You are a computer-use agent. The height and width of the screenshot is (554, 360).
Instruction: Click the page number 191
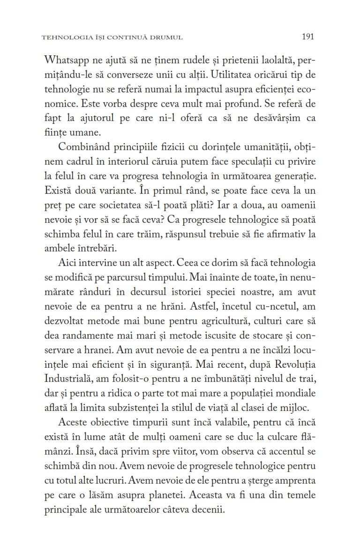click(308, 37)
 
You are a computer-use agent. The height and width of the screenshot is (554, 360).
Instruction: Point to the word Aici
click(67, 263)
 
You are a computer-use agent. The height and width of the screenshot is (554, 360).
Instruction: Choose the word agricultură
click(229, 321)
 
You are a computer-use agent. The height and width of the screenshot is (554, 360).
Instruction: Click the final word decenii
click(205, 509)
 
